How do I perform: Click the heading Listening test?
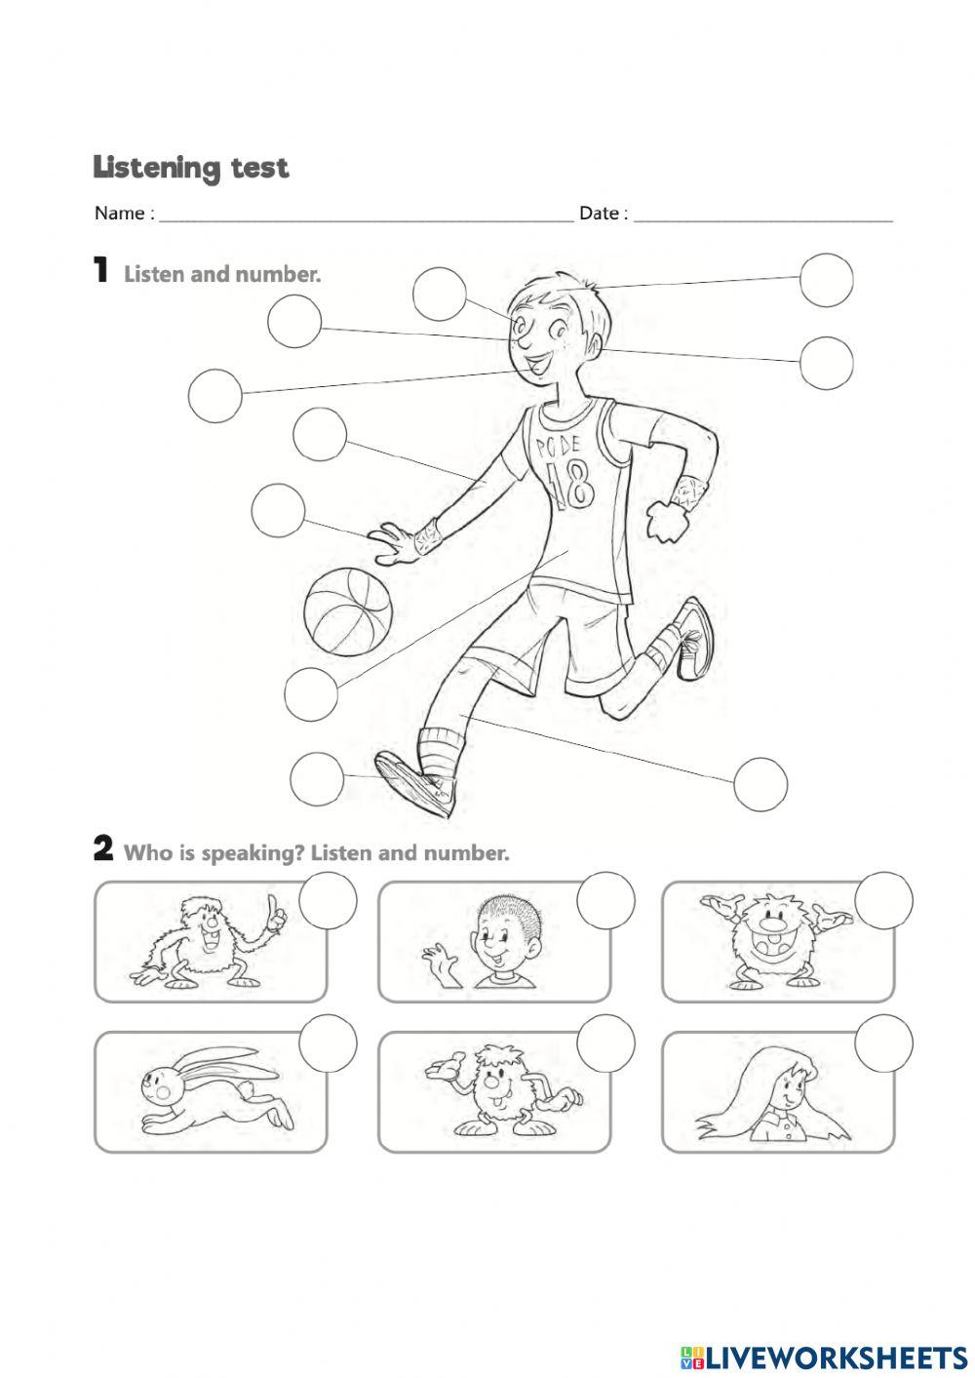191,168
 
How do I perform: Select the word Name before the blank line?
118,214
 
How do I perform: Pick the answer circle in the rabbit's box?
329,1043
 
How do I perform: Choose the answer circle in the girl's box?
883,1043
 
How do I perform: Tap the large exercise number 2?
102,849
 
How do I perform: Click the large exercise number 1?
100,270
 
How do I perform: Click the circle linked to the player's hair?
826,279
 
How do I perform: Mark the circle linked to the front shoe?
317,778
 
